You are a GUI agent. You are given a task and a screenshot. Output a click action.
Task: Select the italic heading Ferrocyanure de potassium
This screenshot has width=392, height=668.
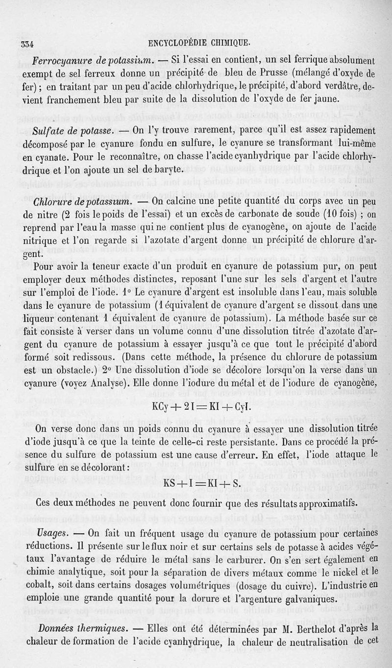(94, 62)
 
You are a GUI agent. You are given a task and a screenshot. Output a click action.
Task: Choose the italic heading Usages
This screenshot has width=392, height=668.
(52, 533)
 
